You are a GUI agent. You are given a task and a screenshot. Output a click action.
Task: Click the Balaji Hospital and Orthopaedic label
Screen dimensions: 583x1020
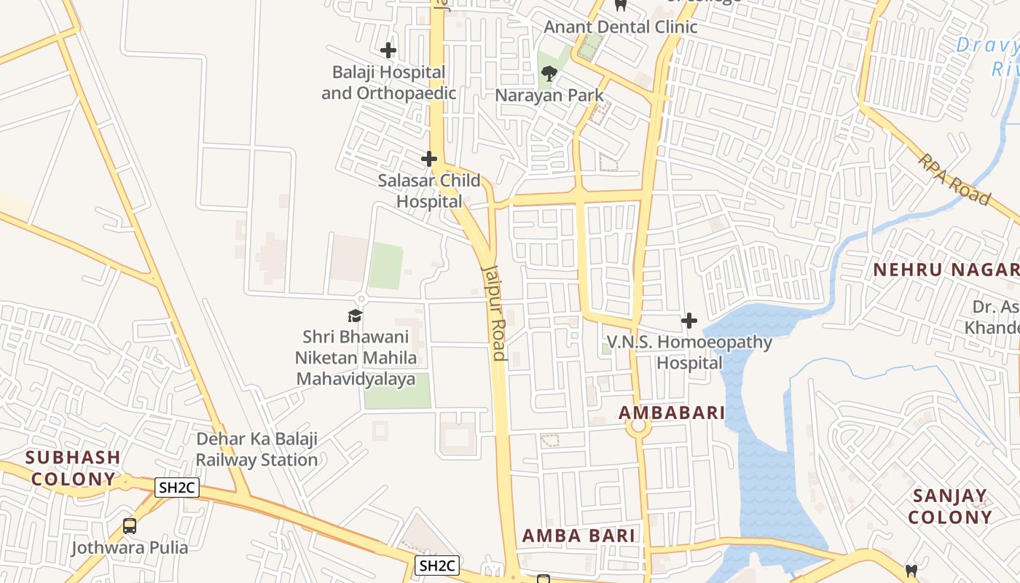tap(388, 82)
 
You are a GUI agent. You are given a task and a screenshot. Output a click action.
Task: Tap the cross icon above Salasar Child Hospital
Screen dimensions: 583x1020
tap(429, 158)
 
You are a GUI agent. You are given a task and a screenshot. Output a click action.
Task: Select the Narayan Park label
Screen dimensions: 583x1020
tap(549, 95)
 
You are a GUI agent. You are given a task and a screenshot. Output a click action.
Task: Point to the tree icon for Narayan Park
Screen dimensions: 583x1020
tap(549, 73)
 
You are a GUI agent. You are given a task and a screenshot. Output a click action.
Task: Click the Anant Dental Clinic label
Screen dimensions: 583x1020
tap(621, 27)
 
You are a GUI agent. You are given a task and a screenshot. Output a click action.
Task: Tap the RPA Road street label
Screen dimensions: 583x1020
tap(954, 179)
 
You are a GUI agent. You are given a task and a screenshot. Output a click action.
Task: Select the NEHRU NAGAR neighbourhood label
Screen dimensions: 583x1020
tap(946, 270)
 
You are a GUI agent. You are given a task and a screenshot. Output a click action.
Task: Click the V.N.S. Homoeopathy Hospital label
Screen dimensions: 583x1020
tap(689, 352)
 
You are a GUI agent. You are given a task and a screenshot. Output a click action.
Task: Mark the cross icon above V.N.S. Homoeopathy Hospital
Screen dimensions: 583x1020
tap(688, 320)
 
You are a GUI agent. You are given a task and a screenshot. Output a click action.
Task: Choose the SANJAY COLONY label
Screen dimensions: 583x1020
tap(950, 506)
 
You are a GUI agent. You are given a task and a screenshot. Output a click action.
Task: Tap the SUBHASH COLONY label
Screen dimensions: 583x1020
tap(73, 468)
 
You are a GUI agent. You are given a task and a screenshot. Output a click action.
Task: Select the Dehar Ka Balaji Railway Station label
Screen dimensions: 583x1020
tap(257, 450)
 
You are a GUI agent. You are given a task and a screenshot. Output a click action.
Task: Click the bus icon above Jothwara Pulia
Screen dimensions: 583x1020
tap(130, 525)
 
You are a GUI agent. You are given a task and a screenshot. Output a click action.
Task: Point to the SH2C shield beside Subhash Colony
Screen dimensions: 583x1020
tap(177, 488)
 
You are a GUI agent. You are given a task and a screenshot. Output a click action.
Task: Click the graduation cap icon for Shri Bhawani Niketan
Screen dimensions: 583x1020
tap(355, 316)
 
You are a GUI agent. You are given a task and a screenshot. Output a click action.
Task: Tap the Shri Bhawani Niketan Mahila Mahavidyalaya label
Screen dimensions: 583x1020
tap(356, 358)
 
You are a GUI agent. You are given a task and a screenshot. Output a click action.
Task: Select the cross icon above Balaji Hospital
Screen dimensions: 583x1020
tap(388, 50)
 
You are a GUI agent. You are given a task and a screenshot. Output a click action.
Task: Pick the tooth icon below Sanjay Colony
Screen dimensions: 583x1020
tap(911, 571)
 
